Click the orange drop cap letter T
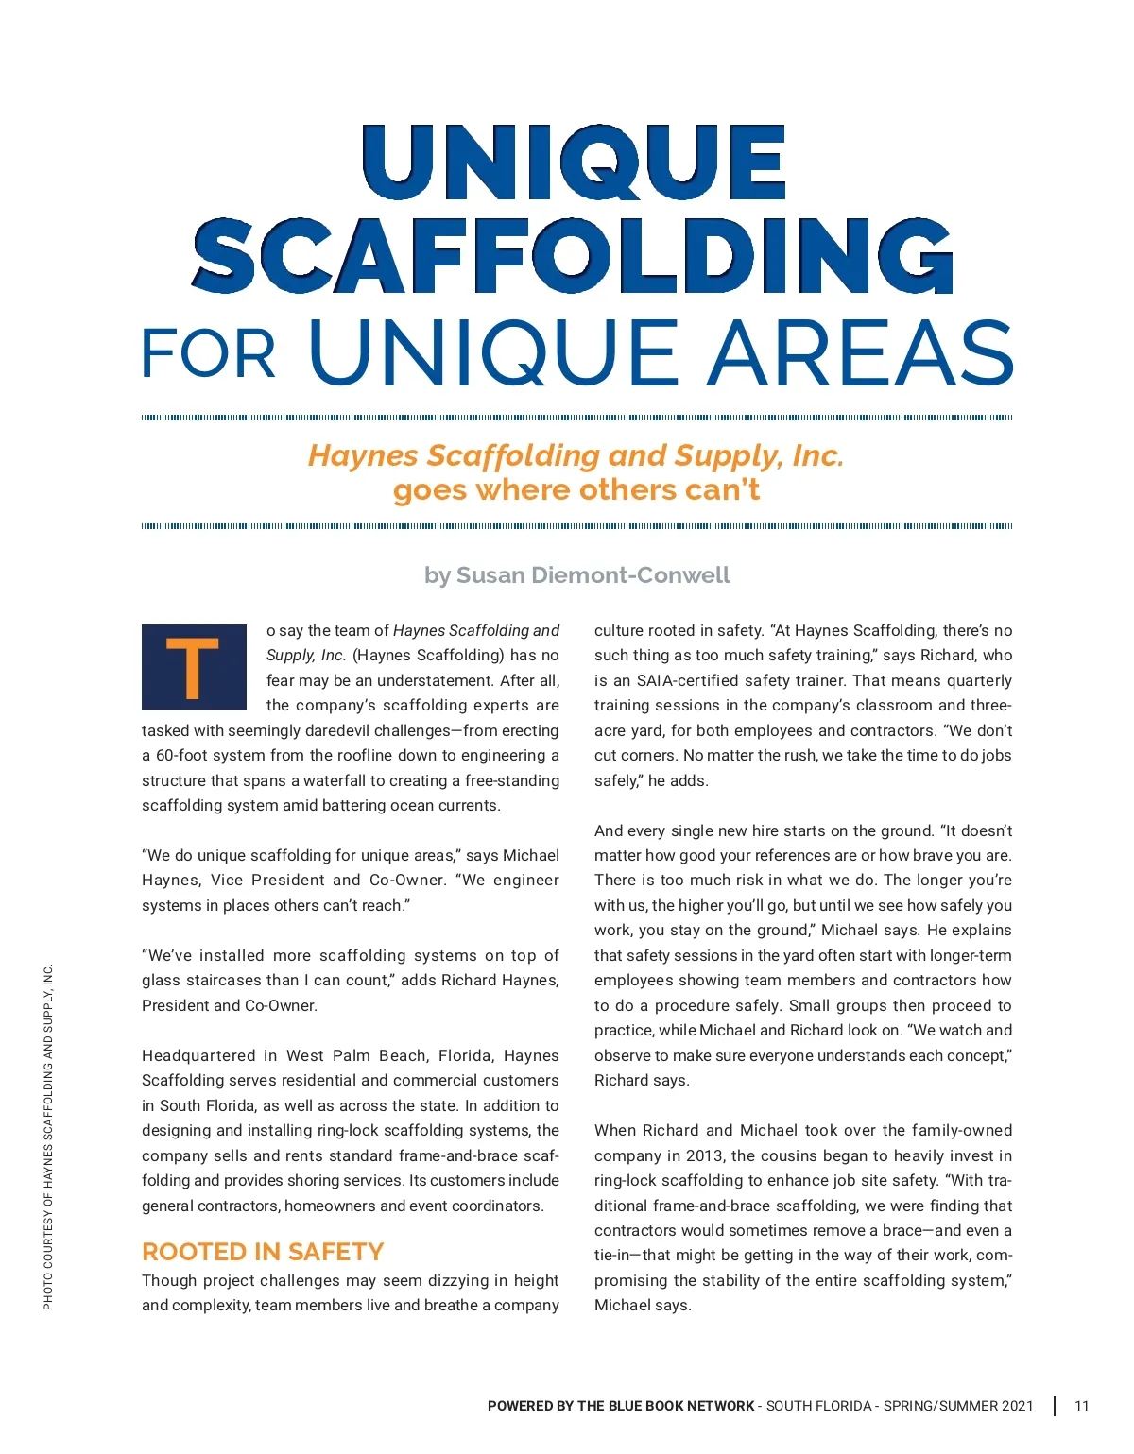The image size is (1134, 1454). click(x=193, y=667)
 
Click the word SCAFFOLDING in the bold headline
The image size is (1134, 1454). click(x=573, y=256)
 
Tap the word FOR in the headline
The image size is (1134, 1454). click(x=208, y=354)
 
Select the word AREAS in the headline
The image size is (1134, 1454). click(x=861, y=351)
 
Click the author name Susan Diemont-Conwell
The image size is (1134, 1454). click(x=593, y=575)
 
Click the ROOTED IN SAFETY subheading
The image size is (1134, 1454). click(x=263, y=1252)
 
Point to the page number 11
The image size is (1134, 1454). click(x=1082, y=1406)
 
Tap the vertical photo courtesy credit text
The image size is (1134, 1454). click(x=48, y=1136)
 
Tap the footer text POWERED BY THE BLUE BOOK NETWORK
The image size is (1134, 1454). click(x=621, y=1406)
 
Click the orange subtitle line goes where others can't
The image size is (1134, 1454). click(x=576, y=490)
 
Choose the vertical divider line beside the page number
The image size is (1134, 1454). click(x=1055, y=1406)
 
